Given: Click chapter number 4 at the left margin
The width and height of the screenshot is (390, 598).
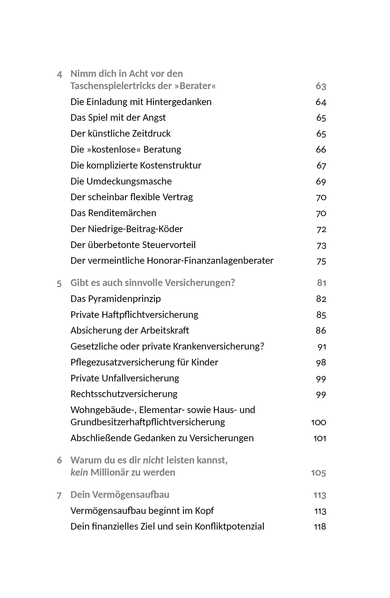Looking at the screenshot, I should click(x=59, y=74).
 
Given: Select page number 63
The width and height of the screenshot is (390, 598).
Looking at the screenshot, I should click(x=321, y=86).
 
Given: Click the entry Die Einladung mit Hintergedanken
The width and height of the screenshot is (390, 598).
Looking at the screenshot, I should click(x=141, y=102).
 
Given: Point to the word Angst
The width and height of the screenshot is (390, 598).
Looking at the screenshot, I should click(x=154, y=118).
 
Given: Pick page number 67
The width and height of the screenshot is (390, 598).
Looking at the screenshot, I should click(x=321, y=165).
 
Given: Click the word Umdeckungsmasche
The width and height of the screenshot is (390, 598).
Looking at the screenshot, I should click(x=129, y=181).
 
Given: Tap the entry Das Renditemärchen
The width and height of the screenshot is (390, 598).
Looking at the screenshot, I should click(x=113, y=213).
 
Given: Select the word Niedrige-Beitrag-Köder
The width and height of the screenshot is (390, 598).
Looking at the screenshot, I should click(x=135, y=229).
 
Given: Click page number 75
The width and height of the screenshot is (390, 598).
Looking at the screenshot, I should click(x=321, y=261).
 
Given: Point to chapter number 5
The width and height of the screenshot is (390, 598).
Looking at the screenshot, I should click(x=59, y=284).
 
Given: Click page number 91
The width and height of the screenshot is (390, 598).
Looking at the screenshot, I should click(x=322, y=347).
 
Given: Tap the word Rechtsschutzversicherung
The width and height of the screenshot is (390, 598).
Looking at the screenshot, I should click(x=124, y=394).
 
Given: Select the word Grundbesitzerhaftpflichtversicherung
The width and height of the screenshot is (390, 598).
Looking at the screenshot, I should click(x=148, y=422).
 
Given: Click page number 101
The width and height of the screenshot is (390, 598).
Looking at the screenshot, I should click(x=320, y=438).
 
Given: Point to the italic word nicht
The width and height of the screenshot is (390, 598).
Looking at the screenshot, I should click(x=153, y=460).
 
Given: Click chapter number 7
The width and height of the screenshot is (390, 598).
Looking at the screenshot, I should click(x=59, y=496).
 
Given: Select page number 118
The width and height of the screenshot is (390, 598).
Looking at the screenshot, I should click(x=320, y=527).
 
